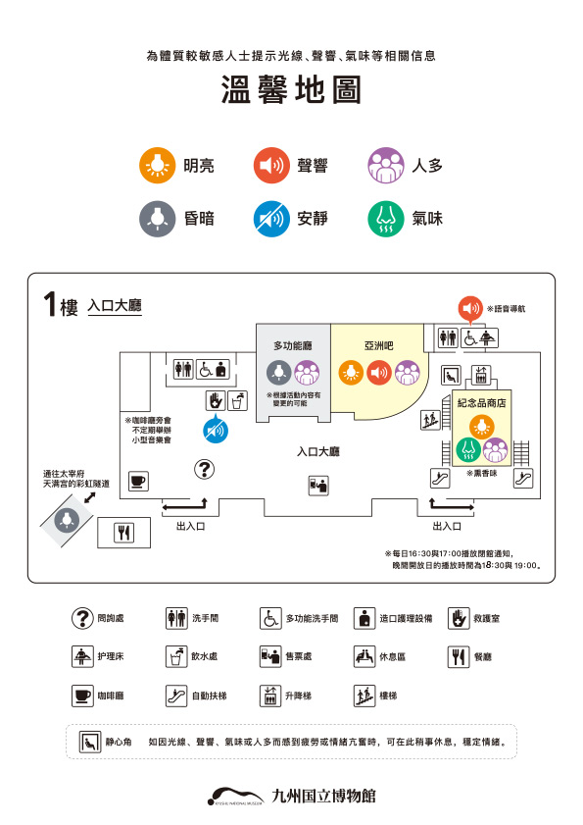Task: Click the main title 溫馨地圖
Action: click(291, 90)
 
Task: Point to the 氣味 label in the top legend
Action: click(427, 218)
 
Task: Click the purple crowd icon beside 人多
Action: click(384, 165)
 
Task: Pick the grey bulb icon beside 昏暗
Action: click(155, 218)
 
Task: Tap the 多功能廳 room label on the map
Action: click(291, 345)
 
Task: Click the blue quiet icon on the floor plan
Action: click(215, 430)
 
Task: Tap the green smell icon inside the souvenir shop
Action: click(468, 450)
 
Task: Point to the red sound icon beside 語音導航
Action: click(471, 308)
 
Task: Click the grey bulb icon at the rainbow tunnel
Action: click(68, 517)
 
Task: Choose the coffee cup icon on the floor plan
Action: click(136, 481)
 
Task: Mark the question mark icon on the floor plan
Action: click(204, 469)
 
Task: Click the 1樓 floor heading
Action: click(58, 305)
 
